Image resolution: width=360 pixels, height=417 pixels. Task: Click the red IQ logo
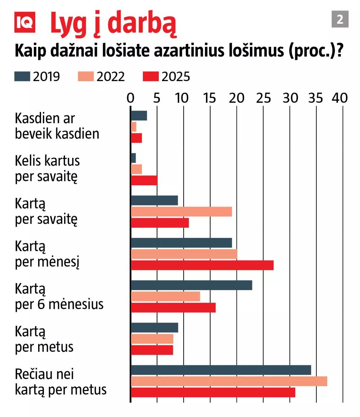click(x=25, y=22)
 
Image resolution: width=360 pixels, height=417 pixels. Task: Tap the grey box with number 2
click(x=340, y=19)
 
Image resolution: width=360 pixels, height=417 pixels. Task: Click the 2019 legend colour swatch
click(x=22, y=76)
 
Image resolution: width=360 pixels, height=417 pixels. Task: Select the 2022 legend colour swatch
click(x=85, y=76)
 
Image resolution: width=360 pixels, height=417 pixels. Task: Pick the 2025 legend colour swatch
click(x=151, y=76)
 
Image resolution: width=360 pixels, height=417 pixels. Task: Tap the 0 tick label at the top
click(x=131, y=98)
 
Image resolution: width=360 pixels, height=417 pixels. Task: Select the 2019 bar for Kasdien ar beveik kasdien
click(x=139, y=116)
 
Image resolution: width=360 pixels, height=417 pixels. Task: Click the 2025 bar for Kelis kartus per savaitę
click(x=144, y=180)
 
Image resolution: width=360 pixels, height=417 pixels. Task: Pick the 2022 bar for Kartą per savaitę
click(x=181, y=212)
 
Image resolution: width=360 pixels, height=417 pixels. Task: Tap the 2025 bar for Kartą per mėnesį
click(x=202, y=265)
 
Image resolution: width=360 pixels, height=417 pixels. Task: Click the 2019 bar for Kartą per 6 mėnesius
click(x=191, y=285)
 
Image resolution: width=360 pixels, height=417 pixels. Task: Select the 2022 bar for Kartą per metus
click(x=152, y=339)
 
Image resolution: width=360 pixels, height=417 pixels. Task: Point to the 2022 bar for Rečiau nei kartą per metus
click(x=229, y=381)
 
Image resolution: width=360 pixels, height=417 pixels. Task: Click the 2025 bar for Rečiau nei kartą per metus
click(x=213, y=392)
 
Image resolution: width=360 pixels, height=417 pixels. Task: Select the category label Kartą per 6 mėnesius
click(x=59, y=297)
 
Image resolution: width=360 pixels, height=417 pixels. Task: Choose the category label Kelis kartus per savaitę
click(x=47, y=169)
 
